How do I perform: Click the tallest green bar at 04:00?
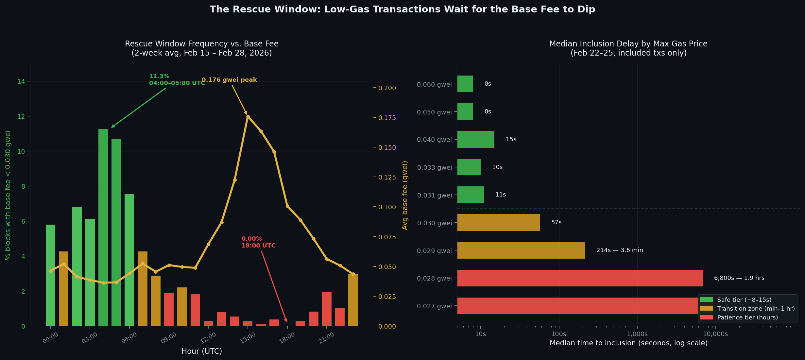pos(103,227)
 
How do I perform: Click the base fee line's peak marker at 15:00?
pos(248,116)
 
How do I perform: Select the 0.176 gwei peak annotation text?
pos(229,80)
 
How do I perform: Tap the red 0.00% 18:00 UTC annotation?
pos(258,242)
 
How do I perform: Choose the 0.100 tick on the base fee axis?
pos(387,207)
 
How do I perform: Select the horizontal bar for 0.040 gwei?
pos(475,140)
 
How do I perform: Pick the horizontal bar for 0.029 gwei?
pos(521,250)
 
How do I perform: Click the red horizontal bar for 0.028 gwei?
pos(579,278)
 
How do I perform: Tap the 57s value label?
pos(556,223)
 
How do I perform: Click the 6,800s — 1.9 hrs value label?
pos(739,278)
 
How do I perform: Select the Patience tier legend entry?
pos(747,317)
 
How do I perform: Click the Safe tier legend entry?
pos(744,300)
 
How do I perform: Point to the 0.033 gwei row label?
pos(434,168)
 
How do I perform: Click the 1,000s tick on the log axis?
pos(637,334)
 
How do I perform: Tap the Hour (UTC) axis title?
pos(201,351)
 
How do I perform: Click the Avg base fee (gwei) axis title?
pos(405,195)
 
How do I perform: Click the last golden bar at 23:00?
pos(353,300)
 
